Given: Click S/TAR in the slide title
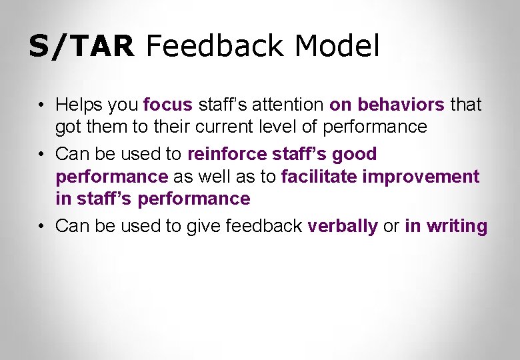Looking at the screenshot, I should click(x=81, y=47).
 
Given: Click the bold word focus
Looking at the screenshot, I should click(x=167, y=105).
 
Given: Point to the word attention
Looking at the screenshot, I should click(x=291, y=105).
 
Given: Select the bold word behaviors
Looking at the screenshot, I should click(x=401, y=105).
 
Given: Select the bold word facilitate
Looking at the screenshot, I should click(x=319, y=176).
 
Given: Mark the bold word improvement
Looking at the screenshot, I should click(x=421, y=176).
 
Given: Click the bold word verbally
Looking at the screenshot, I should click(x=342, y=226).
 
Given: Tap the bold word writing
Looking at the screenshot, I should click(x=457, y=226).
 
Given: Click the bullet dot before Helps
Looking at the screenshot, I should click(x=41, y=105).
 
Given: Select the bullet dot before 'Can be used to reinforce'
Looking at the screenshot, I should click(x=41, y=155).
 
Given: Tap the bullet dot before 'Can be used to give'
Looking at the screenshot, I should click(x=41, y=227).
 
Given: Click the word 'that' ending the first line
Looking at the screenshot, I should click(x=466, y=105).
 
